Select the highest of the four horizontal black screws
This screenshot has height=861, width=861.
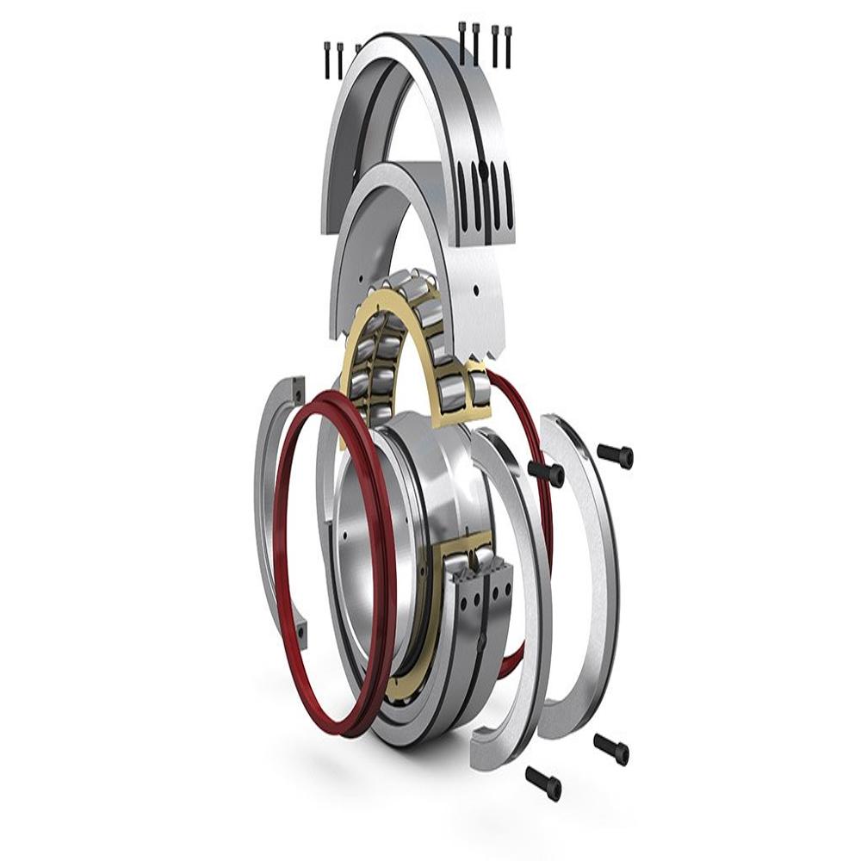click(616, 454)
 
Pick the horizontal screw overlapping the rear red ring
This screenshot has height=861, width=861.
click(546, 471)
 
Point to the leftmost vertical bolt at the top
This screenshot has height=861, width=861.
click(327, 59)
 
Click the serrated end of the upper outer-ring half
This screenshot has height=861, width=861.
click(482, 349)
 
